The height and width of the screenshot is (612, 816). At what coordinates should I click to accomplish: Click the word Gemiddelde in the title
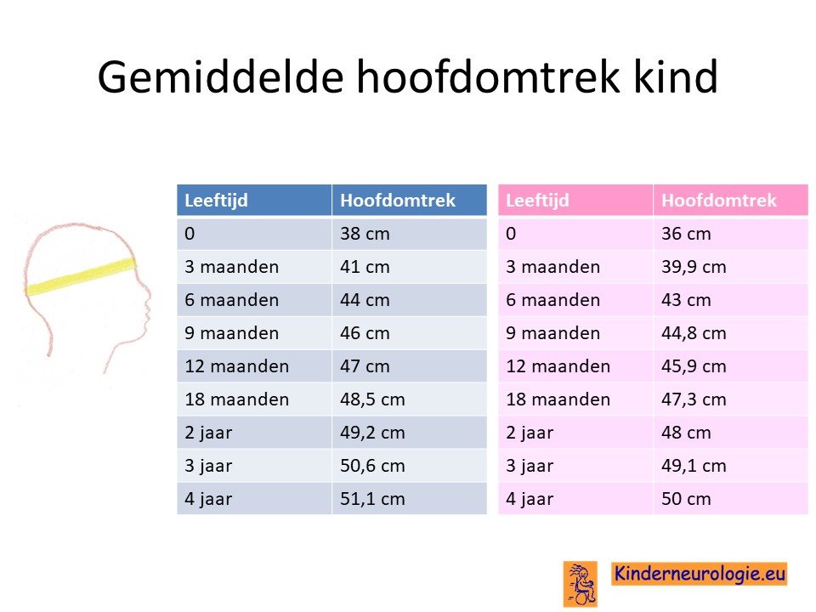click(220, 77)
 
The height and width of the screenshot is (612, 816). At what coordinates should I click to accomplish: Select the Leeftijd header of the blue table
click(216, 201)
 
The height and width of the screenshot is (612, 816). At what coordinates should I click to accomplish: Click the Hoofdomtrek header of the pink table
click(719, 201)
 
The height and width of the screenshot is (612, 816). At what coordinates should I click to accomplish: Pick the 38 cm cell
click(365, 234)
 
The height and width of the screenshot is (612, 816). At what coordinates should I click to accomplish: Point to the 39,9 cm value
click(694, 268)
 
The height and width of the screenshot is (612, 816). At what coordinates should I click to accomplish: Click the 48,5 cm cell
click(372, 399)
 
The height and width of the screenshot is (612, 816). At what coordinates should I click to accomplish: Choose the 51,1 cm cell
click(372, 499)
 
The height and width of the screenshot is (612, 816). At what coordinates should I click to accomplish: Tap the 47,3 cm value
click(694, 399)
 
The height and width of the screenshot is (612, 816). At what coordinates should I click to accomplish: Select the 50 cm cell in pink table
click(686, 499)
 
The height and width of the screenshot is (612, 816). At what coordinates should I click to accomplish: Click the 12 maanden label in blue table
click(237, 366)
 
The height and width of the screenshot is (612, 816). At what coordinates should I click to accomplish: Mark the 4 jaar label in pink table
click(530, 499)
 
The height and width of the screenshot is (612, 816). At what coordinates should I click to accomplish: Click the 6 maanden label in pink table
click(552, 300)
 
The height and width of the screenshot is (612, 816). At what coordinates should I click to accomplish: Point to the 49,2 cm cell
click(372, 433)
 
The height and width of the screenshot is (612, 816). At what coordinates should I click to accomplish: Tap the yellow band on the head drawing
click(81, 277)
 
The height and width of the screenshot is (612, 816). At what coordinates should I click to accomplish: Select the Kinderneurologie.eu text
click(699, 574)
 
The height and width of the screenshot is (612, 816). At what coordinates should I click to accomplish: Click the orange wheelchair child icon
click(581, 584)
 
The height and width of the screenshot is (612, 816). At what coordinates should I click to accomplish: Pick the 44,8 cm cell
click(694, 333)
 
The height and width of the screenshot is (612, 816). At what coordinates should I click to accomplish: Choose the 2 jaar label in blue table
click(208, 433)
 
